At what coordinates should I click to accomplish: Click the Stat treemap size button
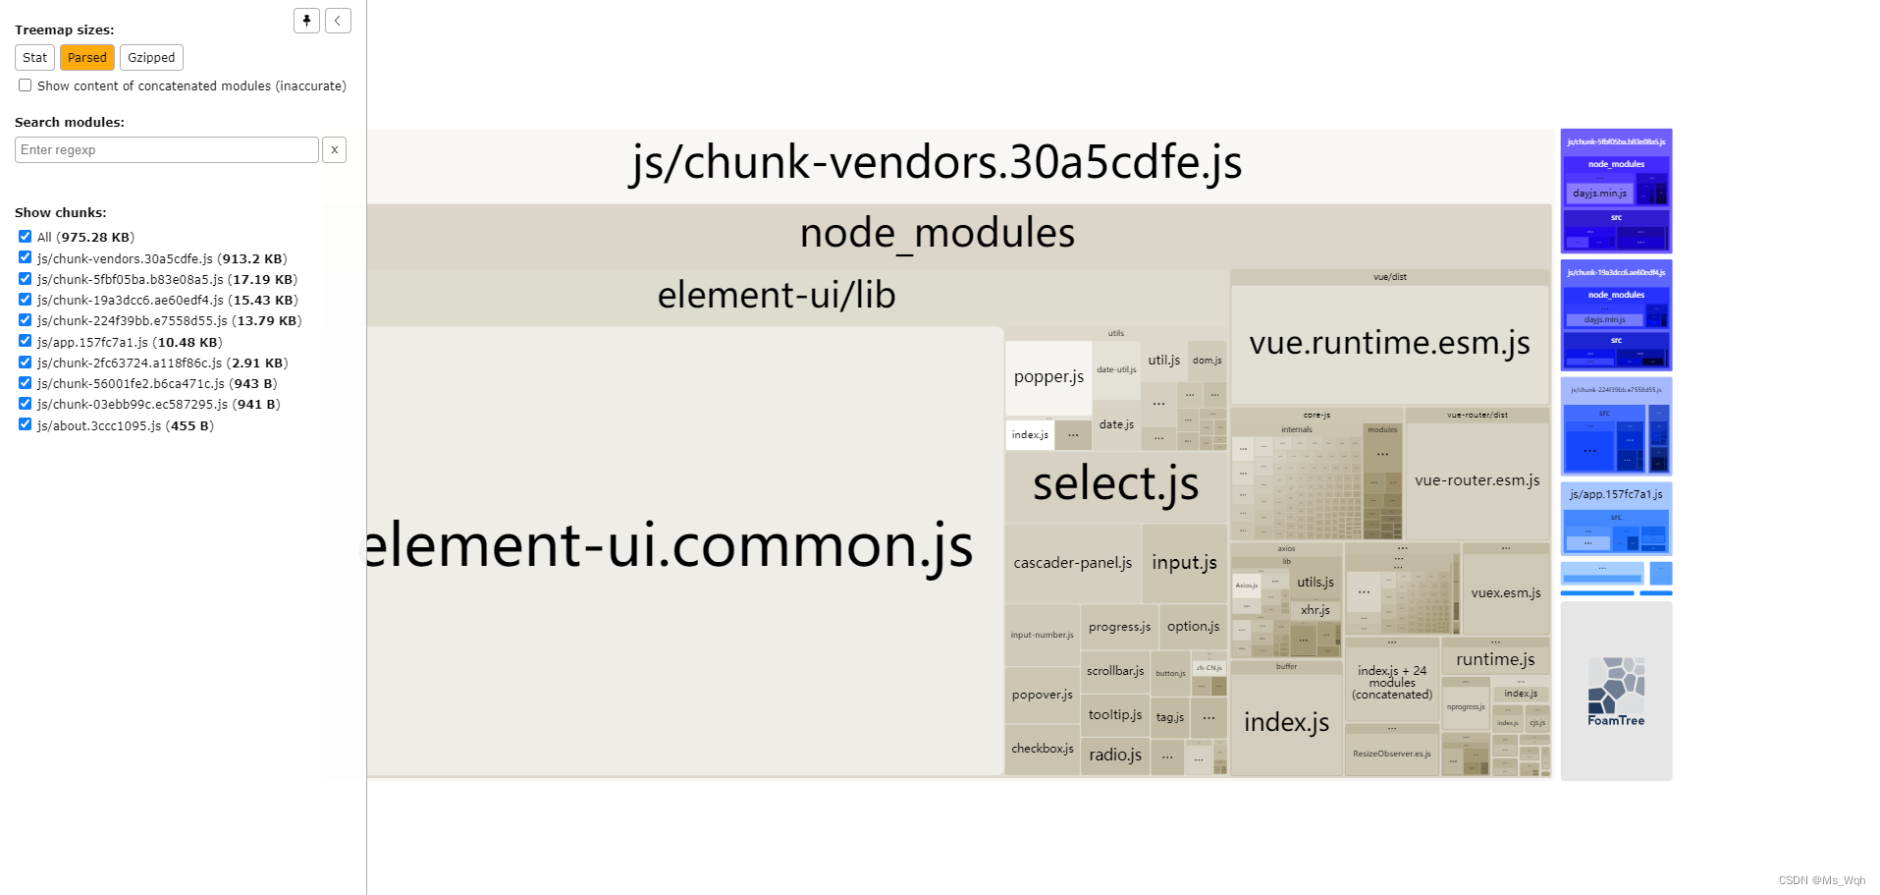(34, 58)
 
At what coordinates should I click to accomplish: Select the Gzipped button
(151, 58)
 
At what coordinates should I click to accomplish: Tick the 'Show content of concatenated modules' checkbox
(26, 85)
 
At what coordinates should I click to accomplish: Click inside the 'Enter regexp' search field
(167, 150)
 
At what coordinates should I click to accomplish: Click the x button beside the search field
(335, 150)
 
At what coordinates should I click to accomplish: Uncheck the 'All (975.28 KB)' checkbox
(26, 237)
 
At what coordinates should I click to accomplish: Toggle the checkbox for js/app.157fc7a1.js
(26, 341)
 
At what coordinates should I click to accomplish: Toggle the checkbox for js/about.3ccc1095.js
(26, 424)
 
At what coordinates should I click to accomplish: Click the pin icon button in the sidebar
(306, 21)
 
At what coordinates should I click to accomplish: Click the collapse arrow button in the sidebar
(338, 21)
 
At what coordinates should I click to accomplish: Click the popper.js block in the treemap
(1048, 377)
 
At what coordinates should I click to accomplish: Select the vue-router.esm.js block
(1477, 480)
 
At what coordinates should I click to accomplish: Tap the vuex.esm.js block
(1505, 592)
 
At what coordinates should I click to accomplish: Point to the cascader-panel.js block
(1072, 563)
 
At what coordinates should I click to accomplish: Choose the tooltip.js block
(1114, 715)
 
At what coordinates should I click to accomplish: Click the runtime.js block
(1494, 659)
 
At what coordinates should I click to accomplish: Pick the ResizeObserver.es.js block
(1391, 754)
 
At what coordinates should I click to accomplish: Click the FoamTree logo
(1616, 692)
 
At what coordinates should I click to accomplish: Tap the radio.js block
(1114, 755)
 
